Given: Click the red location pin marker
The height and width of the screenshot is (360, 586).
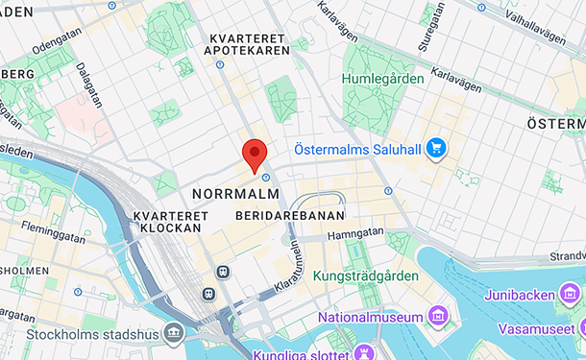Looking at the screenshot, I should pos(254,155).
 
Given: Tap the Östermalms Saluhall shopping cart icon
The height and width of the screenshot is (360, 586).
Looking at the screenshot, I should pos(436,148).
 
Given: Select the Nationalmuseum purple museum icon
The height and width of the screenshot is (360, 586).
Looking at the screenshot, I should pos(438,317).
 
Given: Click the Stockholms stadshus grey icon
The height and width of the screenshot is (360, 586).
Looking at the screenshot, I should pos(174,334).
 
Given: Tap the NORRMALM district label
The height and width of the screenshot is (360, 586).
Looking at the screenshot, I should pos(235,194).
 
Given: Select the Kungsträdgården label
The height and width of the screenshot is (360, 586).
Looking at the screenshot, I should pos(366,276).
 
